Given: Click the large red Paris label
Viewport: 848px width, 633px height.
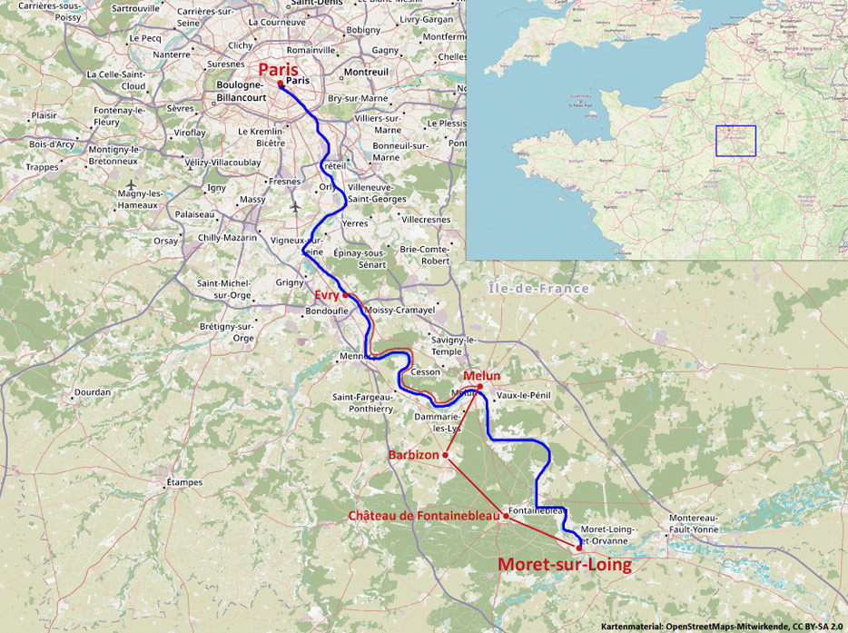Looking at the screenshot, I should point(278,70).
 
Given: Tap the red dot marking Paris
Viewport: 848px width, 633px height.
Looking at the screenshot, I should point(281,84).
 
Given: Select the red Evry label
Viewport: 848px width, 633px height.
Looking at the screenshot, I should point(326,295).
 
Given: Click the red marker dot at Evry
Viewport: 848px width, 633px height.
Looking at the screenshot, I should point(346,295).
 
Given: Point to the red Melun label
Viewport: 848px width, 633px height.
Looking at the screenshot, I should point(481,376).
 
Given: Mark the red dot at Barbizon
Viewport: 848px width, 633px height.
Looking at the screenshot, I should point(446,454).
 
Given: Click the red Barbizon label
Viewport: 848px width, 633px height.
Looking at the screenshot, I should point(414,454).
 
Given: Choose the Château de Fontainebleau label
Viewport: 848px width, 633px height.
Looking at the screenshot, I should point(424,516).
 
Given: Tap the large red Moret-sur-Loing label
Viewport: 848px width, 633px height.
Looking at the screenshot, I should point(564,564).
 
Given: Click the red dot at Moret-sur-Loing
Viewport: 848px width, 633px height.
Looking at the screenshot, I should point(579,548).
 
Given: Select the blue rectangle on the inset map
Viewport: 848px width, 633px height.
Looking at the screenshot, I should point(735,141).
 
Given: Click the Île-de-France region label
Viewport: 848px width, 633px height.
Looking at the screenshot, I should point(538,289).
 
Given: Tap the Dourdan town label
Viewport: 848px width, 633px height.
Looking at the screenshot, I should point(92,392).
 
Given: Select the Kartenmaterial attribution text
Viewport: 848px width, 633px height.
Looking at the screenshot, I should point(723,626).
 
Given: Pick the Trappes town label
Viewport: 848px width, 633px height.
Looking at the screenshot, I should point(42,167).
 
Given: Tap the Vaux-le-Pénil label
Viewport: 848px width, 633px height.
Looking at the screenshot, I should point(524,395).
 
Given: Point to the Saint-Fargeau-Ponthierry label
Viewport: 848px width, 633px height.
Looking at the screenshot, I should point(362,402).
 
